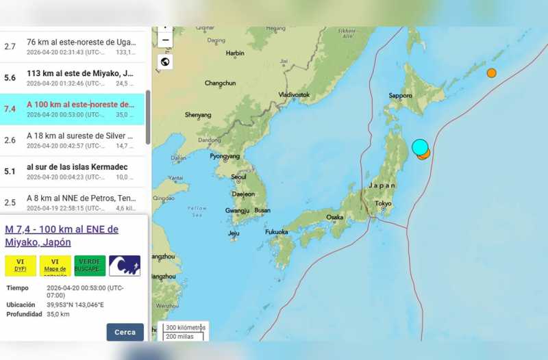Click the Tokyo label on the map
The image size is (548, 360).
[383, 203]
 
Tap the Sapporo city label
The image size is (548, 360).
[400, 96]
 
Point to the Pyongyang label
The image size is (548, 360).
[225, 156]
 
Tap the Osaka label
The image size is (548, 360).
[335, 217]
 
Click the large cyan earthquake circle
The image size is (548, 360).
[420, 146]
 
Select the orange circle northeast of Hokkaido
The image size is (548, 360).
[491, 73]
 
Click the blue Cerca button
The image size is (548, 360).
[125, 332]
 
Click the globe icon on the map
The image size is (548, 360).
[165, 62]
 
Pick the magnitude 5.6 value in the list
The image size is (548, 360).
[10, 78]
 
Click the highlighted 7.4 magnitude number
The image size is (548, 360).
[10, 110]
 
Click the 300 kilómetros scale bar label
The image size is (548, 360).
[186, 327]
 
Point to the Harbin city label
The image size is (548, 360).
[235, 53]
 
